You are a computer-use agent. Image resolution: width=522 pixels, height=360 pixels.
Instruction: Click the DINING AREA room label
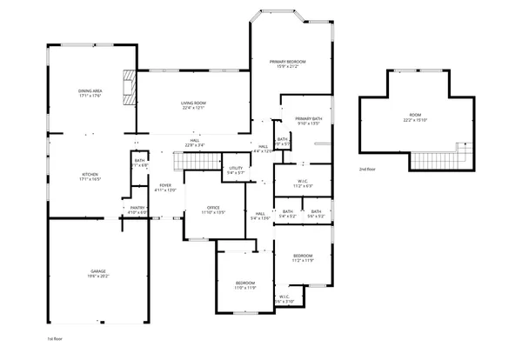click(x=91, y=90)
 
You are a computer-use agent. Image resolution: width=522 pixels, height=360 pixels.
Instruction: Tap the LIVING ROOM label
click(x=193, y=103)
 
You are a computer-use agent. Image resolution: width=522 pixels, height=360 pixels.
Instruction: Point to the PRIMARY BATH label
click(x=309, y=118)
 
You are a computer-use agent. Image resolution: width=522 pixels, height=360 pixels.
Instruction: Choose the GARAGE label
click(x=98, y=271)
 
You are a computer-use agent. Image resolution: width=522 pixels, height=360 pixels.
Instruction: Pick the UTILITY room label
click(x=236, y=168)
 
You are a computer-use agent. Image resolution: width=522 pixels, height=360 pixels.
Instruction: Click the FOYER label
click(x=165, y=184)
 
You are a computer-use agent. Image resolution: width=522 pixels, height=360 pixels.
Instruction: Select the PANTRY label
click(x=137, y=207)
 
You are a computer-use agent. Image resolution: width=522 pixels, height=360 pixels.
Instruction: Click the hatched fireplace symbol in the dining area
click(x=130, y=87)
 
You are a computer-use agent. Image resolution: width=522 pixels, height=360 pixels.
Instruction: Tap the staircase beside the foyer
click(x=189, y=161)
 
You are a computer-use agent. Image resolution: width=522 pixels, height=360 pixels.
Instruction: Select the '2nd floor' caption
click(x=368, y=169)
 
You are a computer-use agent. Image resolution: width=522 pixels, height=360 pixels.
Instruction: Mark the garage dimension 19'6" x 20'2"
click(x=98, y=277)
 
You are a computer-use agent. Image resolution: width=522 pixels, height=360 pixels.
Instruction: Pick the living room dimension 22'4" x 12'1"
click(x=193, y=109)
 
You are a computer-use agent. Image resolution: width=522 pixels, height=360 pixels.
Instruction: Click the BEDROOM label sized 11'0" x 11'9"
click(x=245, y=283)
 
